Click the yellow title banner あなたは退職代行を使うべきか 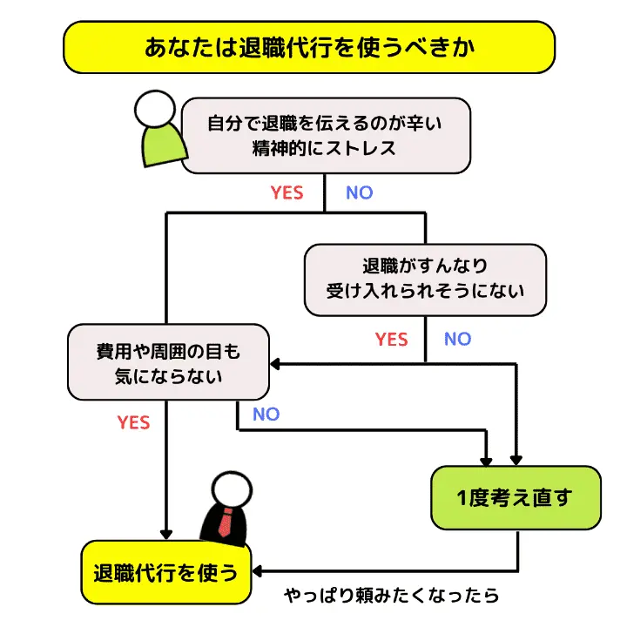pyautogui.click(x=309, y=47)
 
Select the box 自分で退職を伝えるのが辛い pyautogui.click(x=324, y=135)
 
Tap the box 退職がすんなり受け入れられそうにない pyautogui.click(x=425, y=278)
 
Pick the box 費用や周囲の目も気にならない pyautogui.click(x=167, y=364)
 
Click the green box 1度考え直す pyautogui.click(x=516, y=498)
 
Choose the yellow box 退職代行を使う pyautogui.click(x=165, y=573)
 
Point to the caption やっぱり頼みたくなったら pyautogui.click(x=392, y=597)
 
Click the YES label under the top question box pyautogui.click(x=287, y=193)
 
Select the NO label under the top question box pyautogui.click(x=359, y=193)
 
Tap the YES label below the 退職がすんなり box pyautogui.click(x=391, y=339)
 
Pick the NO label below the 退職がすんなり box pyautogui.click(x=457, y=339)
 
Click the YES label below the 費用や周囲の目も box pyautogui.click(x=133, y=423)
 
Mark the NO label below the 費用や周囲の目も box pyautogui.click(x=266, y=415)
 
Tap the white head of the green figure pyautogui.click(x=155, y=109)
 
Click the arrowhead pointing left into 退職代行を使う pyautogui.click(x=258, y=572)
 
